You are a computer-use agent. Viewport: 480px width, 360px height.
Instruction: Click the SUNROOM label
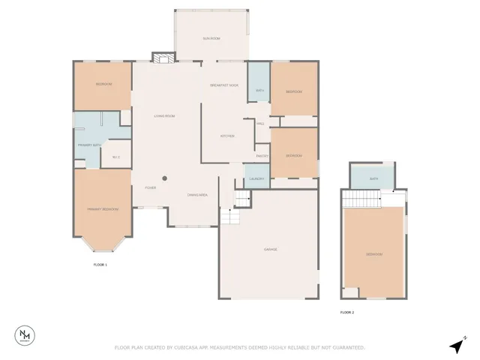coord(211,37)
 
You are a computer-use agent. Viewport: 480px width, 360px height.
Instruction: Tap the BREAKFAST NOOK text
coord(224,86)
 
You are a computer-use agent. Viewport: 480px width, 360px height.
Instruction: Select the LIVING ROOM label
coord(164,116)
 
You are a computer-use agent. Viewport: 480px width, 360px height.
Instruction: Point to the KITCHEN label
coord(227,136)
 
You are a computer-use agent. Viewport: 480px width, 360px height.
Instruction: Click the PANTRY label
coord(262,155)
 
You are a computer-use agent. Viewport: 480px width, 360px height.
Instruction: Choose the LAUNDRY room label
coord(256,178)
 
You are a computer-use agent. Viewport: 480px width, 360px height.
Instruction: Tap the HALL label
coord(260,124)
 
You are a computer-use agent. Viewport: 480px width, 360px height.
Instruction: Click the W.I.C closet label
coord(115,157)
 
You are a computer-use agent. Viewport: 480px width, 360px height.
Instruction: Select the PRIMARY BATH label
coord(89,145)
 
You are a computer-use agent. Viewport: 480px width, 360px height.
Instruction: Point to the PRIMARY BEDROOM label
coord(103,209)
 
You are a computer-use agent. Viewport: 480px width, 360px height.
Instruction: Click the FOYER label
coord(150,187)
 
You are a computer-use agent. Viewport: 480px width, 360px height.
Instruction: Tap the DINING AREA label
coord(197,195)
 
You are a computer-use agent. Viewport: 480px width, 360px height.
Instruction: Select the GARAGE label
coord(271,249)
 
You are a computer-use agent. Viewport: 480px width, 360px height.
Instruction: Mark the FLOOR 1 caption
coord(100,265)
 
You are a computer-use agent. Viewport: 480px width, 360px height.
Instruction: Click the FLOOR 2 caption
coord(346,312)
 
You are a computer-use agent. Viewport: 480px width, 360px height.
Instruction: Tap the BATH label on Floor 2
coord(373,178)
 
